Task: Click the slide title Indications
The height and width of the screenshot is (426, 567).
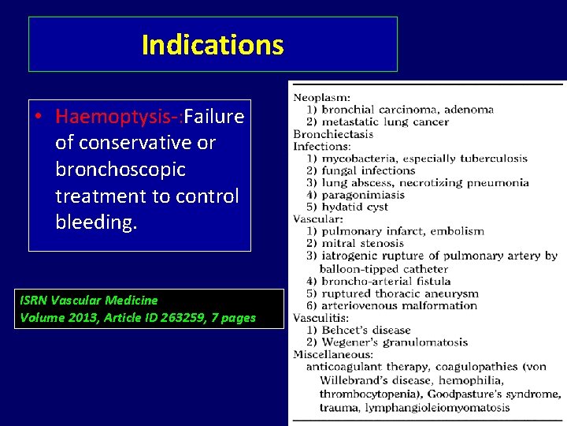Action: [x=213, y=45]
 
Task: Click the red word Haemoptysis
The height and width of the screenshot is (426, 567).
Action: [x=115, y=118]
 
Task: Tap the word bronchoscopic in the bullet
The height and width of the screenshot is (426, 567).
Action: [x=120, y=170]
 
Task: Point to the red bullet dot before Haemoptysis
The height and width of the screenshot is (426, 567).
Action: [x=38, y=118]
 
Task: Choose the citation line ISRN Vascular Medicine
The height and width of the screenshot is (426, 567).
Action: [x=89, y=300]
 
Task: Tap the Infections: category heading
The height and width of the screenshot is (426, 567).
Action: [x=322, y=146]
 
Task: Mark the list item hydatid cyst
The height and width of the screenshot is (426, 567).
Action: [x=355, y=207]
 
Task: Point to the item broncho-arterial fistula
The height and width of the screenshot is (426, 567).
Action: [x=387, y=281]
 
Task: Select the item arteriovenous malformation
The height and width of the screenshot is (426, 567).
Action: [x=399, y=305]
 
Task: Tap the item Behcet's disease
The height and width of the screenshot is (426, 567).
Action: [x=366, y=330]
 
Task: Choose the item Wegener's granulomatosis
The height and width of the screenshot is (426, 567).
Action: [x=395, y=342]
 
